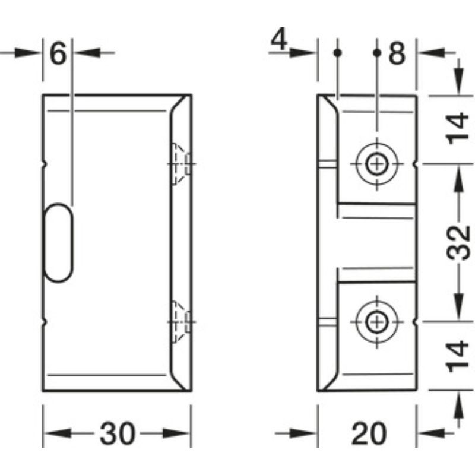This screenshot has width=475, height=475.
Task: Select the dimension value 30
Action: [116, 434]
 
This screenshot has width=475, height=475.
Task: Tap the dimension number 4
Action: [279, 43]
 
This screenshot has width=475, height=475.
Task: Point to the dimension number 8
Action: [396, 54]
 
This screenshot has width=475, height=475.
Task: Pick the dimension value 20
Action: [368, 434]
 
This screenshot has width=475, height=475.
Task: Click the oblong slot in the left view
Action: [59, 241]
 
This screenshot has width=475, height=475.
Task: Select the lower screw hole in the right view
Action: [376, 322]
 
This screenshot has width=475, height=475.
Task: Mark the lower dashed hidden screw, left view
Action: [180, 322]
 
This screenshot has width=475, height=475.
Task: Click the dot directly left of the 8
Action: [376, 53]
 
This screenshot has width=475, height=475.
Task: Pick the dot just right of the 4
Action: [337, 53]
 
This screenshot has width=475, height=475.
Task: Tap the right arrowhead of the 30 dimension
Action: [182, 434]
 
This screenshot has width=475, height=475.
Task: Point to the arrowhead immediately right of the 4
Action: [309, 53]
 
